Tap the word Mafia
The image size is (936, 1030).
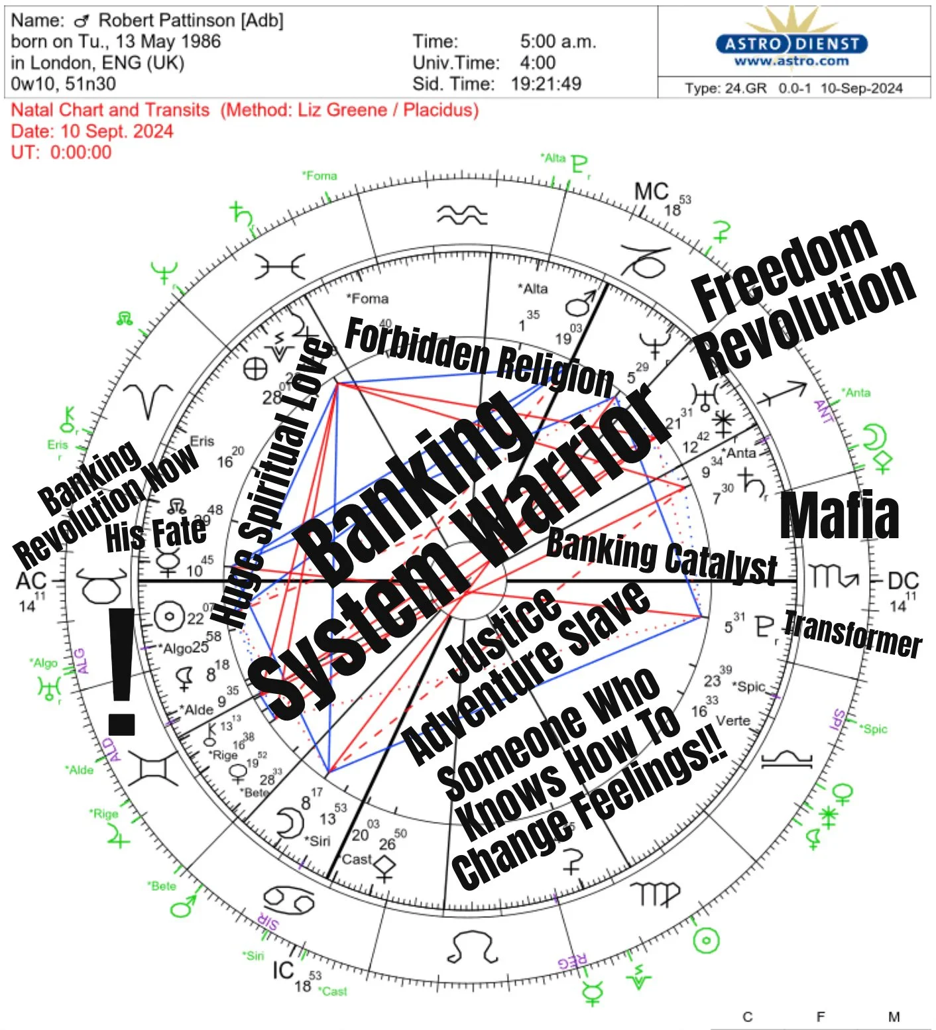(x=839, y=516)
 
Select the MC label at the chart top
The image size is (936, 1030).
(x=652, y=192)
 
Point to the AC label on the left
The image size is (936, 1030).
(x=30, y=581)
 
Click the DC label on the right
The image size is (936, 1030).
(x=903, y=581)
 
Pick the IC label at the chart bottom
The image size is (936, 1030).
(x=283, y=970)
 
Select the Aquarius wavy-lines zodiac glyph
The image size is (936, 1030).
(x=462, y=215)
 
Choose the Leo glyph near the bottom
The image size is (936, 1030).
(x=473, y=948)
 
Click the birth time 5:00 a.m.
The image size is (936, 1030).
(x=557, y=42)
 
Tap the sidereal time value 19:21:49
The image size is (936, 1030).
(x=546, y=84)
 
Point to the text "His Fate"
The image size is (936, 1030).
(x=155, y=534)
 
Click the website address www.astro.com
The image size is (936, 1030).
(x=791, y=62)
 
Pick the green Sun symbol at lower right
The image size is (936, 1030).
(x=705, y=939)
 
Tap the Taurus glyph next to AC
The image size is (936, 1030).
(x=102, y=584)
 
